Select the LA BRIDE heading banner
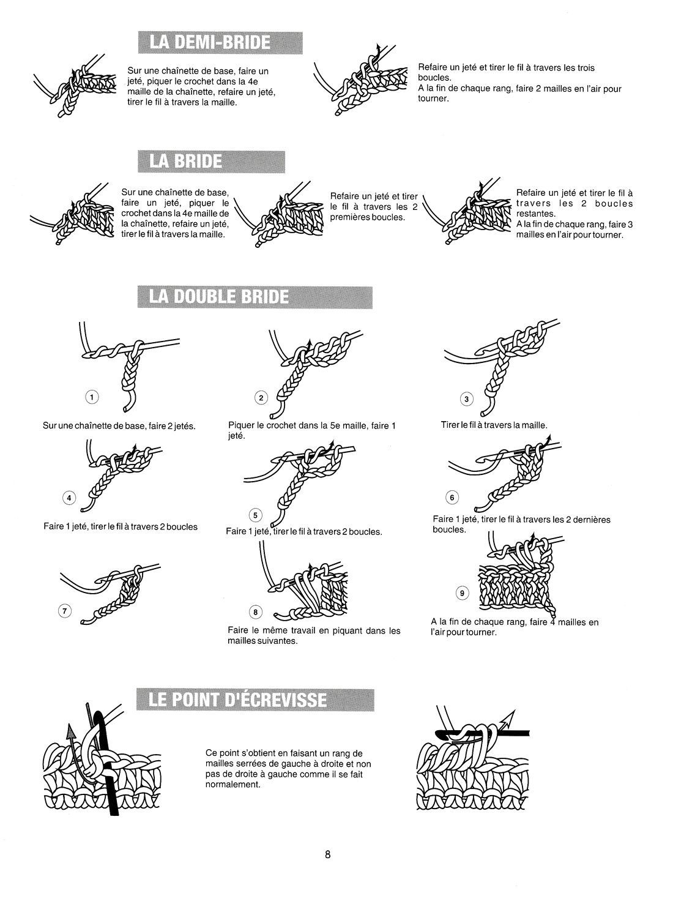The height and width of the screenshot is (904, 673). click(186, 160)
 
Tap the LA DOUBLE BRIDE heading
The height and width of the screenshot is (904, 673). click(219, 297)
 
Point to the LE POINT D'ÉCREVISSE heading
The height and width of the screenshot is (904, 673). click(239, 699)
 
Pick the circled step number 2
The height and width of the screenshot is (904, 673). click(261, 398)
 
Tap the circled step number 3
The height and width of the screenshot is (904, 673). click(467, 400)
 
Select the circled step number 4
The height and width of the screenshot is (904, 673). click(69, 498)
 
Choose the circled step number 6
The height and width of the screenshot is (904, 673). click(452, 498)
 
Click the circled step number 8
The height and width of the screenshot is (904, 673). click(256, 612)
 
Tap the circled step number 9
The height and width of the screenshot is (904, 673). click(462, 592)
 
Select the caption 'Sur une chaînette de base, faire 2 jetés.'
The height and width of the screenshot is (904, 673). click(119, 426)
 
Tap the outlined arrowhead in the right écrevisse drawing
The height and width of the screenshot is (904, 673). click(510, 714)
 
